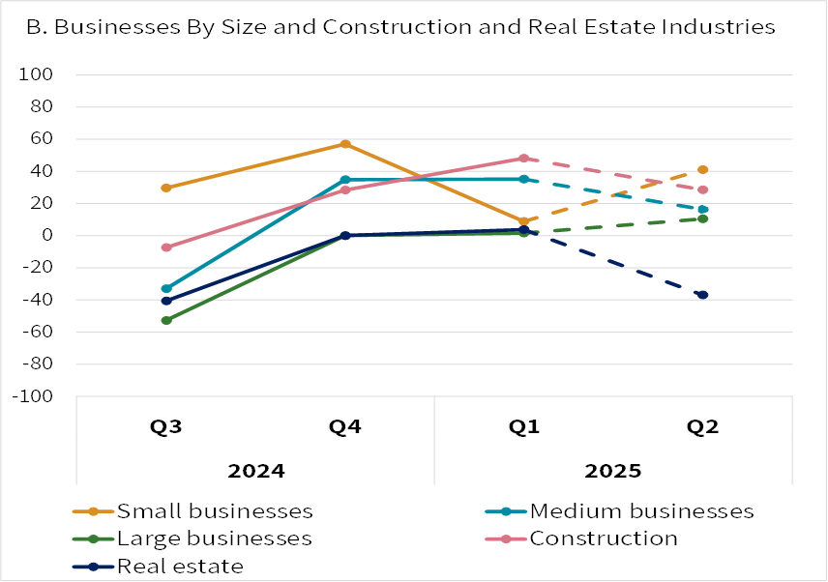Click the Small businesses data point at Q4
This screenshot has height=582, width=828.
[x=345, y=144]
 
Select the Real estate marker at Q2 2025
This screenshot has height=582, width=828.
[x=703, y=295]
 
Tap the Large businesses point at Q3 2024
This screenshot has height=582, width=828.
[x=166, y=320]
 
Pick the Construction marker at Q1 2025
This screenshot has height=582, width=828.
[x=524, y=159]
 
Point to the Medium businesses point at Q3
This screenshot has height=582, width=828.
[x=166, y=289]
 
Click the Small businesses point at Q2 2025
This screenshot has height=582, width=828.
[x=703, y=170]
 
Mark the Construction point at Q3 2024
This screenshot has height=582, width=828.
[x=166, y=247]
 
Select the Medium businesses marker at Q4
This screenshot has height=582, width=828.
[x=345, y=180]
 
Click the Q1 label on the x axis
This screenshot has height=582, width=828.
[x=524, y=428]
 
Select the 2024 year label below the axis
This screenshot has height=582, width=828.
[x=255, y=472]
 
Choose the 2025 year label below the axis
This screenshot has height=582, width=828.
[x=613, y=472]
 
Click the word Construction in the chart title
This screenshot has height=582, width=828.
[x=464, y=28]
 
